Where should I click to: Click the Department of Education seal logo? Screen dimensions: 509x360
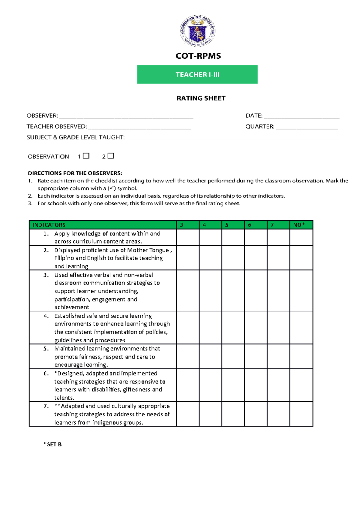(197, 31)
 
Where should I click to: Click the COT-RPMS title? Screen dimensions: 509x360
(198, 56)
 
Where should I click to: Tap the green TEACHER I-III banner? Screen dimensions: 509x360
(197, 74)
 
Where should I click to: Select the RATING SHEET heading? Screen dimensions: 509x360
(201, 98)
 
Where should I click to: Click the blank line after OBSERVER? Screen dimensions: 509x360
(126, 116)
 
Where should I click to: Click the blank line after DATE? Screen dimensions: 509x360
(301, 116)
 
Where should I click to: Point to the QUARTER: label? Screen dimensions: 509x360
(260, 127)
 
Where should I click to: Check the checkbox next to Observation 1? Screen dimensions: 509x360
(86, 156)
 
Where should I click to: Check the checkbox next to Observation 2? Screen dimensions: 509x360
(111, 156)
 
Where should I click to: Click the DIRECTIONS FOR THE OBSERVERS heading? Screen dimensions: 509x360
(75, 173)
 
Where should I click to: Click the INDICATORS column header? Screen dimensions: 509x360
(49, 225)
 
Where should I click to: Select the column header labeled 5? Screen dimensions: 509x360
(227, 225)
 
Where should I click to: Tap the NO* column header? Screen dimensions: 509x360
(299, 225)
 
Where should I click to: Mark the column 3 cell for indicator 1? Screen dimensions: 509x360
(188, 237)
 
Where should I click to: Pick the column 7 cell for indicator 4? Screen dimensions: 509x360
(278, 328)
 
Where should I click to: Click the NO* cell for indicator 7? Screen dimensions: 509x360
(301, 414)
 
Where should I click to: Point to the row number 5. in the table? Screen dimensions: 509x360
(46, 349)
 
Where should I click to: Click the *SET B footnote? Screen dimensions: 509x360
(53, 444)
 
